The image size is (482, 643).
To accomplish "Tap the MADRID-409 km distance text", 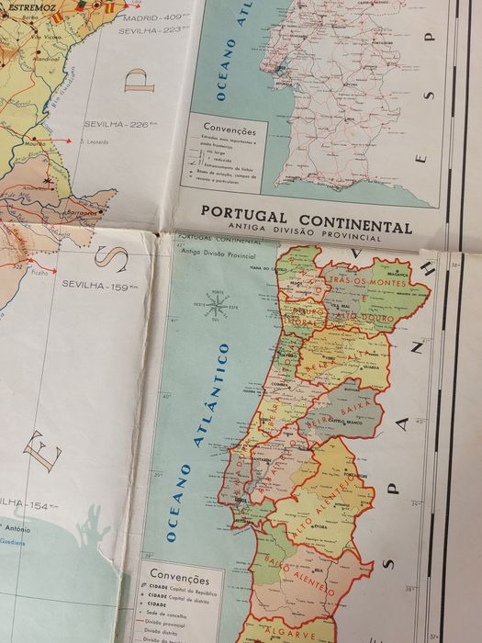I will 152,17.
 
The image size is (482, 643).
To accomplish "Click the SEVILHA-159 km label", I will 95,285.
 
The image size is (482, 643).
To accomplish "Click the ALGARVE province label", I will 288,631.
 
